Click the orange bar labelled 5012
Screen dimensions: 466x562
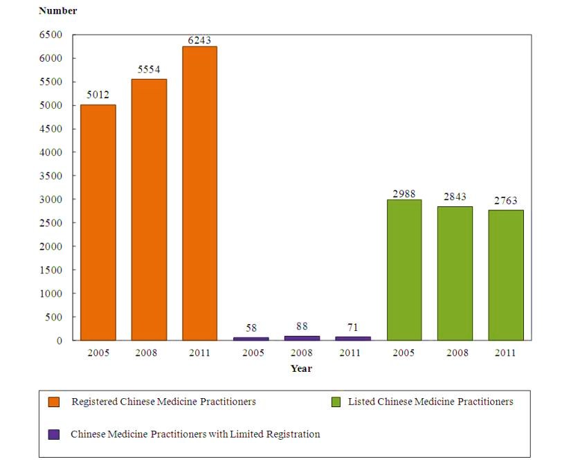[x=98, y=222]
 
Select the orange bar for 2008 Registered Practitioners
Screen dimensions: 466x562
[x=149, y=209]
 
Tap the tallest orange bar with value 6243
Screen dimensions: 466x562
[x=199, y=193]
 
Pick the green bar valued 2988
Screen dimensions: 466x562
[x=404, y=270]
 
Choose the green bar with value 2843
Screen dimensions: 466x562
[x=455, y=274]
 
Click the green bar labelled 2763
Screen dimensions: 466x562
[x=506, y=275]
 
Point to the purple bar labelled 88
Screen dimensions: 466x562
[x=302, y=338]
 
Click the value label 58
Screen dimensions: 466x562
[x=251, y=328]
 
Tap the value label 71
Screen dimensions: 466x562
[x=353, y=327]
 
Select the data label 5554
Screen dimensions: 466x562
[x=149, y=71]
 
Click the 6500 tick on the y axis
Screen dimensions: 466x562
[x=51, y=35]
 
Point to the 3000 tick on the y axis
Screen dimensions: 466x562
[x=51, y=199]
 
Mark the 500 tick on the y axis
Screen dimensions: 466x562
[x=54, y=317]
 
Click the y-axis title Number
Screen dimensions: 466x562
[x=58, y=10]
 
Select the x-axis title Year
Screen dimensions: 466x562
[x=301, y=368]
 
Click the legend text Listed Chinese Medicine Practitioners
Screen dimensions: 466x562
[x=430, y=402]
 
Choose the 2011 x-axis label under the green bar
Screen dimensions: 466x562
[x=506, y=353]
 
